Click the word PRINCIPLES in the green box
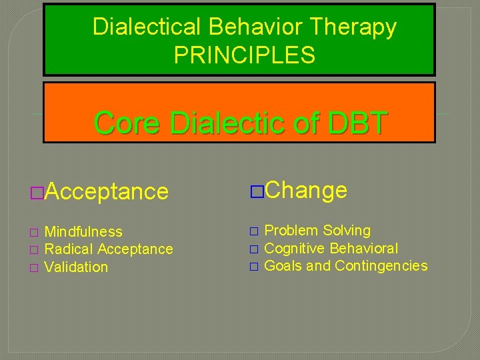tap(244, 55)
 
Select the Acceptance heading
tap(107, 192)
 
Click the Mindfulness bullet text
tap(83, 232)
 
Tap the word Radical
tap(69, 249)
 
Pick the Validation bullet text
tap(76, 267)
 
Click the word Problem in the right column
tap(291, 231)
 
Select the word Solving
tap(347, 231)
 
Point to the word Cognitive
tap(294, 249)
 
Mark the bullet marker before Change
tap(256, 191)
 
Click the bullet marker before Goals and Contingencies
tap(253, 267)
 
